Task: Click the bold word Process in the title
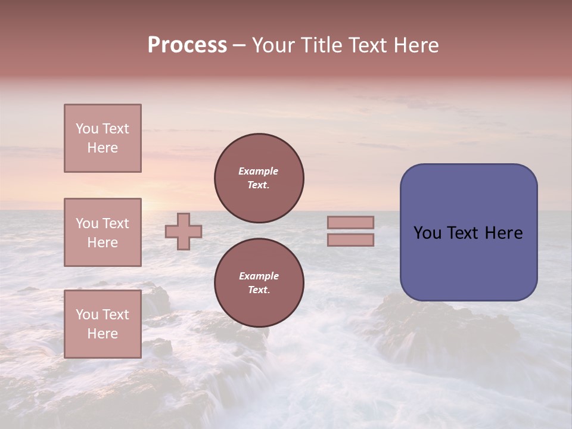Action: (x=187, y=45)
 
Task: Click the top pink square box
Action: (x=102, y=138)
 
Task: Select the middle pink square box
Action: (x=102, y=232)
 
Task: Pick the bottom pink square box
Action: (x=102, y=324)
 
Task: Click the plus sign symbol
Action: (x=184, y=231)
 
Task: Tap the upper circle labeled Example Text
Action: (x=259, y=178)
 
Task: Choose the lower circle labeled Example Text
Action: (x=259, y=283)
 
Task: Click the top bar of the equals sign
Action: (x=350, y=222)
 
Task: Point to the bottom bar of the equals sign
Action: (x=350, y=240)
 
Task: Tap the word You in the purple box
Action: (x=427, y=233)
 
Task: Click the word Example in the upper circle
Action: (x=259, y=171)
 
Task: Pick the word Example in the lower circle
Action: (x=259, y=276)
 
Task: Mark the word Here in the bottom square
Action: (x=102, y=334)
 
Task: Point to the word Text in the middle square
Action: (x=116, y=223)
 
